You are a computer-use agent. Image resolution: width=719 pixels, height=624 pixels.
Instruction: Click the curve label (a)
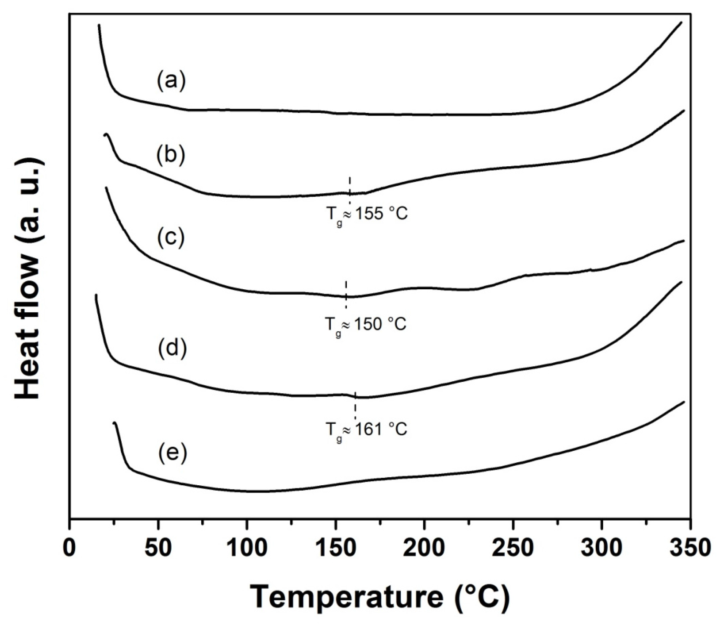tap(171, 81)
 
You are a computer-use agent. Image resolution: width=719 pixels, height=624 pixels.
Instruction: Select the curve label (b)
tap(171, 155)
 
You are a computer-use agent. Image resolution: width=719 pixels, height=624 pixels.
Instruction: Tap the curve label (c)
tap(171, 237)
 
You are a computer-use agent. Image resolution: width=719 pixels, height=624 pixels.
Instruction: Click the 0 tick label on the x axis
tap(70, 548)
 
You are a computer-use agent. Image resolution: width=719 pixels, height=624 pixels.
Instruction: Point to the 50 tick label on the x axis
tap(158, 548)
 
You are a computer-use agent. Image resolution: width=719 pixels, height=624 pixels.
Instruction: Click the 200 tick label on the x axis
tap(424, 548)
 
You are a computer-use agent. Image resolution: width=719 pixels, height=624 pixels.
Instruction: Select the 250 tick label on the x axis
tap(513, 548)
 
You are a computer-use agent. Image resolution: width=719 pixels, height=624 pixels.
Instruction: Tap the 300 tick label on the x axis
tap(601, 548)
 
